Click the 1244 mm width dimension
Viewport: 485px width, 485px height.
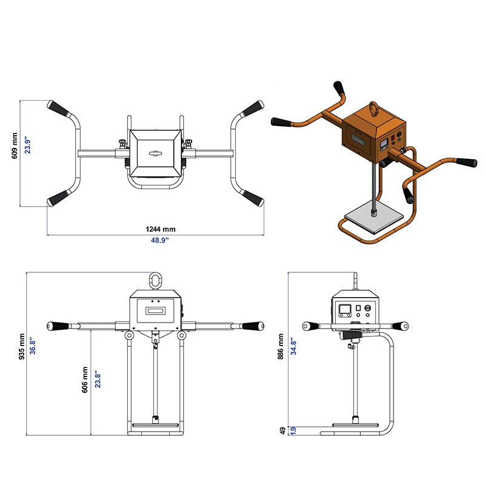tap(160, 229)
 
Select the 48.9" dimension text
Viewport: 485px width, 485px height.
tap(160, 240)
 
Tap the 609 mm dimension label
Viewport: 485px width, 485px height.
tap(15, 146)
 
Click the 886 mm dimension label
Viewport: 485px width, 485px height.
tap(280, 346)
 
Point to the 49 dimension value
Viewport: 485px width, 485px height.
tap(282, 430)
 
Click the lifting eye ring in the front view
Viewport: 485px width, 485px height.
tap(156, 281)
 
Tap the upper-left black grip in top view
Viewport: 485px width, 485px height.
tap(59, 110)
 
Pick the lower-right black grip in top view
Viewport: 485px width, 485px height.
tap(252, 198)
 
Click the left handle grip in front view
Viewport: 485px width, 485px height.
tap(59, 326)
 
